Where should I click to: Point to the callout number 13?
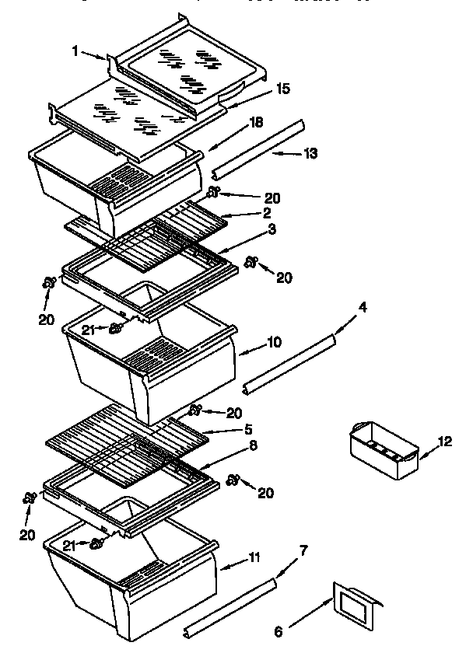pos(310,153)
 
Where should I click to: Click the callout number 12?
pos(444,442)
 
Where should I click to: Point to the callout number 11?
pos(254,557)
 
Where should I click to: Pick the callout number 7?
pos(304,550)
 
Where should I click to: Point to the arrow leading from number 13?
pos(285,154)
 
